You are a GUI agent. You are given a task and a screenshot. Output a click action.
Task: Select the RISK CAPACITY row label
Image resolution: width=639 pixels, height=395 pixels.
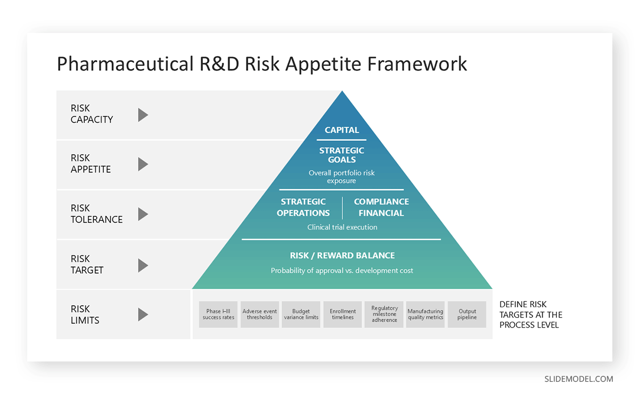coord(92,114)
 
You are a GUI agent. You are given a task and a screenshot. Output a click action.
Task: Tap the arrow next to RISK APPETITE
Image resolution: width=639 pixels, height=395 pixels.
coord(143,164)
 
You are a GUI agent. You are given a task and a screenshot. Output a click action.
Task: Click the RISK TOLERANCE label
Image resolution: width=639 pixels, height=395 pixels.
coord(96,214)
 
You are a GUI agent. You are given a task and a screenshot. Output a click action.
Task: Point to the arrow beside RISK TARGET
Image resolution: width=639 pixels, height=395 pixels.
coord(143,265)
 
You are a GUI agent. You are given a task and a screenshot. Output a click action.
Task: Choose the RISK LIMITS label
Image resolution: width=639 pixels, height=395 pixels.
coord(85,315)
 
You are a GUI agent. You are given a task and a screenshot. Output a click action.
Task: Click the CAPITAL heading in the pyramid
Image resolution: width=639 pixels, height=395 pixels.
coord(342,130)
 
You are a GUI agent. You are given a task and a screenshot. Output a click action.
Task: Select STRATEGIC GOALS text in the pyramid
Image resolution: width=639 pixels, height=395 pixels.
coord(342,155)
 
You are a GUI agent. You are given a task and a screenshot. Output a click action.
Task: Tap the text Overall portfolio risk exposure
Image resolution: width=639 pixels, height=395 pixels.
coord(342,177)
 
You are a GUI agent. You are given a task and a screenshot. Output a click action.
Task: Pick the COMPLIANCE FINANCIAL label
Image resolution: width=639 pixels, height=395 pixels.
coord(381,207)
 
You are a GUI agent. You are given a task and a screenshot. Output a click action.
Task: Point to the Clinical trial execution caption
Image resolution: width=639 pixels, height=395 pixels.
coord(342,227)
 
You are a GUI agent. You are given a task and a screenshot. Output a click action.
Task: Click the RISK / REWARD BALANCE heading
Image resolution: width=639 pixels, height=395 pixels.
coord(342,255)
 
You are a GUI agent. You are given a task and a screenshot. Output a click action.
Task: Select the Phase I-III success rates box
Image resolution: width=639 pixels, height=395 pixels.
coord(218,314)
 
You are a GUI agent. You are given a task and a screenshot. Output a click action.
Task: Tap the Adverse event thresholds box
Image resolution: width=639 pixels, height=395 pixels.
coord(260,314)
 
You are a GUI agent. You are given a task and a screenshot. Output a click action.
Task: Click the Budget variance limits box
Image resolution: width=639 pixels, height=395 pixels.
coord(301,314)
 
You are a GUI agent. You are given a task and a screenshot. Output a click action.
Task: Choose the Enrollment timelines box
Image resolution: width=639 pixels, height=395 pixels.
coord(342,314)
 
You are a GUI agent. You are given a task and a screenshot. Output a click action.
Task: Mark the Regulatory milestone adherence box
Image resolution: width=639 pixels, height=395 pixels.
coord(384,314)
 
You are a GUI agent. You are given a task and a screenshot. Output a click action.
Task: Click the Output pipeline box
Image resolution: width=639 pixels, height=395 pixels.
coord(467,314)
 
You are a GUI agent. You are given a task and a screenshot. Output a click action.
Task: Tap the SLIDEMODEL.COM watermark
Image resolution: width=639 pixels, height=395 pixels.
coord(578,379)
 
